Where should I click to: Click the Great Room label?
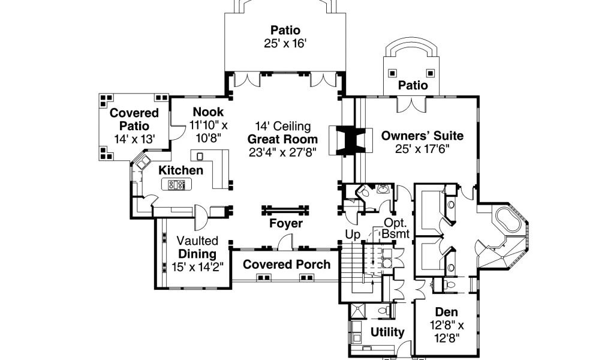coord(283,139)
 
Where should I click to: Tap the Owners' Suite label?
coord(422,136)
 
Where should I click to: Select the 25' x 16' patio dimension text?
coord(285,43)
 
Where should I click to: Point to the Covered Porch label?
coord(287,265)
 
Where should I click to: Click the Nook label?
coord(208,112)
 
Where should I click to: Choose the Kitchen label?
coord(180,170)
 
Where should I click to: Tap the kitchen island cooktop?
coord(177,185)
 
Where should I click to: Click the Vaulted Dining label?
coord(197,247)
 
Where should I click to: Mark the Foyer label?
coord(285,224)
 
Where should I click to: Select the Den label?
coord(446,312)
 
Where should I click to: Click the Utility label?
coord(387,332)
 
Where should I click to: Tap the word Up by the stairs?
coord(352,233)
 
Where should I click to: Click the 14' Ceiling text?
coord(283,126)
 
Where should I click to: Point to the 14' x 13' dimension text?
coord(135,139)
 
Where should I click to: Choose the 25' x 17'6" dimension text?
coord(422,149)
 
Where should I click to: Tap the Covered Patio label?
coord(134,119)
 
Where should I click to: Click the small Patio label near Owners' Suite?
coord(414,85)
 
